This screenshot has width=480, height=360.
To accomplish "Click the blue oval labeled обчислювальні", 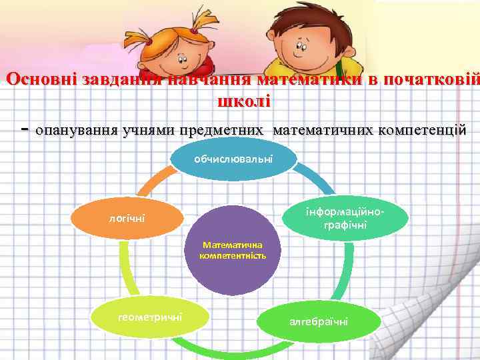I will click(233, 159).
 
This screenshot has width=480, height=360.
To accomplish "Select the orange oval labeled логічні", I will click(127, 218).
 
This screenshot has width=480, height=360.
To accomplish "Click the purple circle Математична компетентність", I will click(233, 251).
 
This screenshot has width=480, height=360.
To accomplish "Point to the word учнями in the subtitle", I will click(145, 129).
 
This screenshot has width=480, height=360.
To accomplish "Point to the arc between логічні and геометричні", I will click(124, 267).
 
